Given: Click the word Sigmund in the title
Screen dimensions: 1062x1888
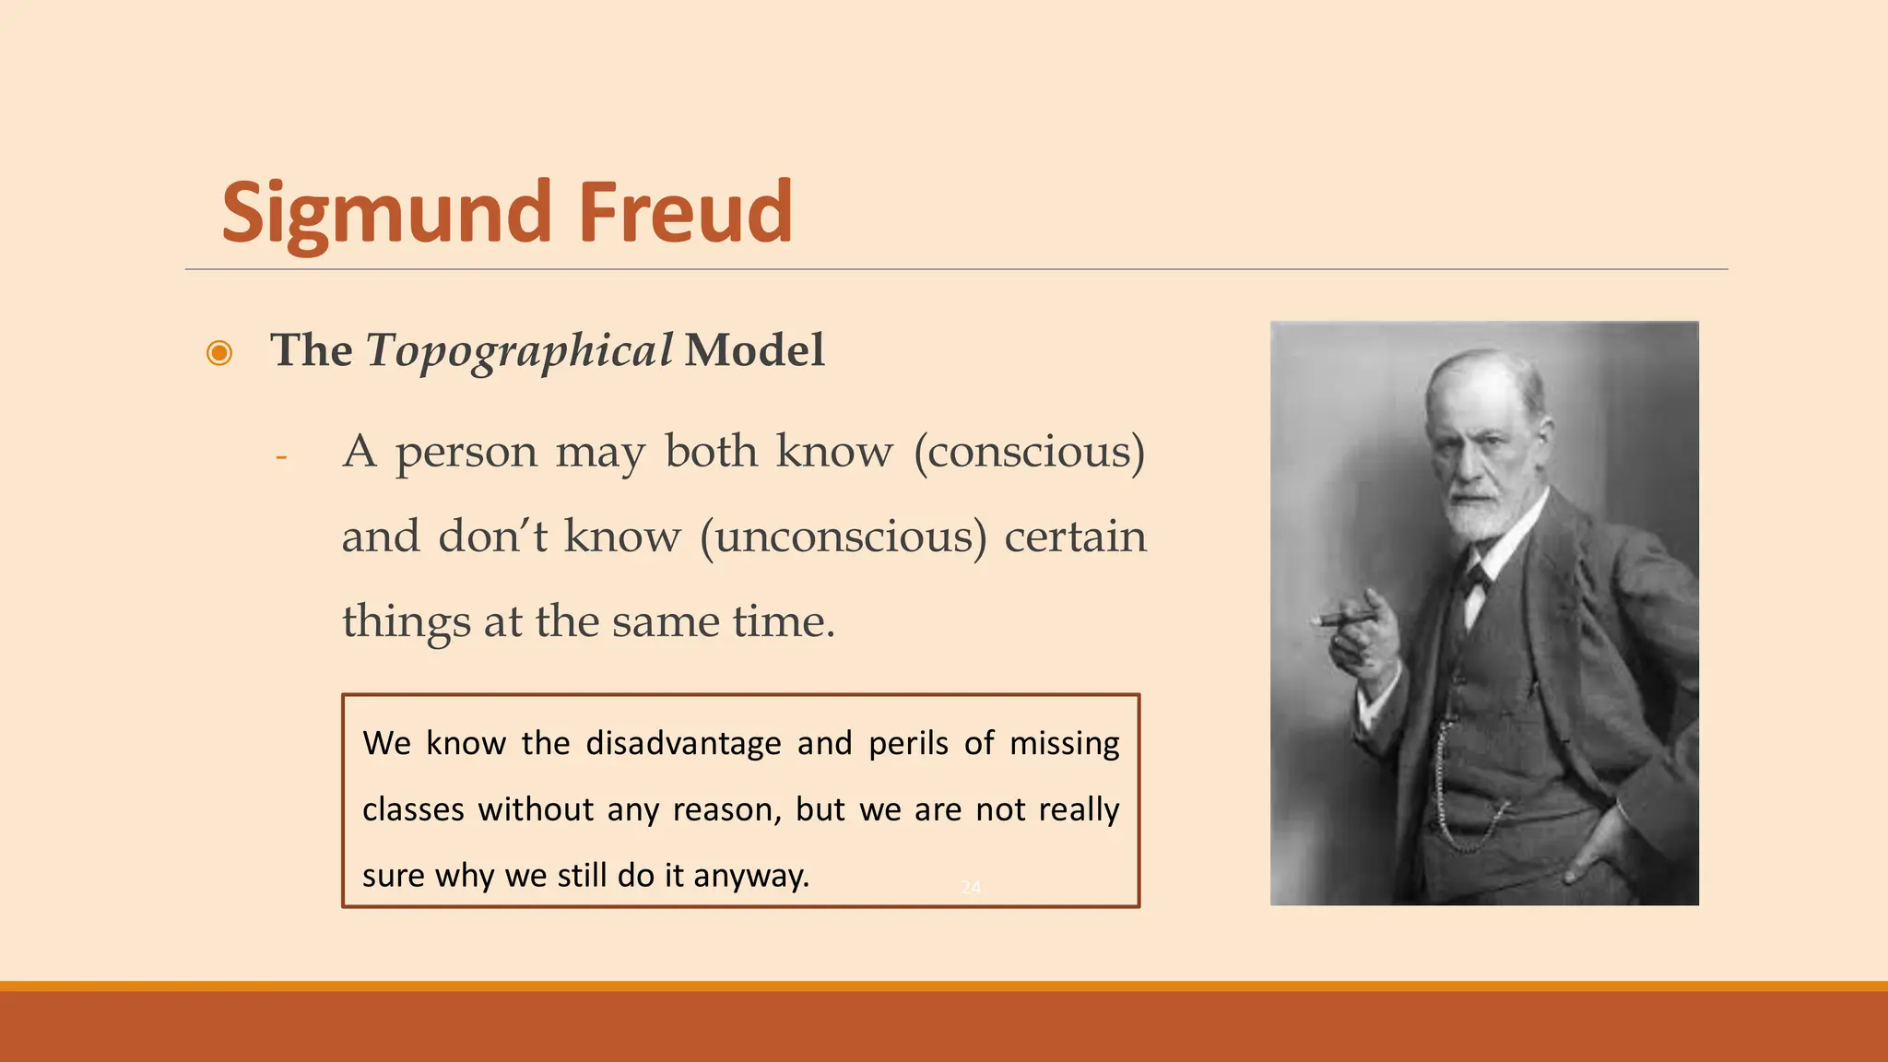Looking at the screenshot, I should pos(385,214).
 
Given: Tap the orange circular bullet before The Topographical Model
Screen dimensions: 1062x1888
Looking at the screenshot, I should pos(219,353).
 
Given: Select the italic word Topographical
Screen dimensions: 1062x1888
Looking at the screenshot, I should pos(519,351).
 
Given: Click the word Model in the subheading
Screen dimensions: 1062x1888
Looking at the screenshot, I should pos(754,350).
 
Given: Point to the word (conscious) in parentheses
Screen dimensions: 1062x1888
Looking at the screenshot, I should pos(1029,452).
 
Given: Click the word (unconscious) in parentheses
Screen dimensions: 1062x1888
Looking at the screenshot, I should pos(843,537).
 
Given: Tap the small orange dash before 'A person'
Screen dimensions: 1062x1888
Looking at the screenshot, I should pos(281,456).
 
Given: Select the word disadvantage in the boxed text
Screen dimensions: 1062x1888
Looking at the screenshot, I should pos(683,743).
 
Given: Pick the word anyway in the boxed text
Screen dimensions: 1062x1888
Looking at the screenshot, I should pos(750,876).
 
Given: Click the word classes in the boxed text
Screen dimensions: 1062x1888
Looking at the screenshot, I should pos(413,809).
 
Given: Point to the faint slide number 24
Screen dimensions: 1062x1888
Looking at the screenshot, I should pos(971,887).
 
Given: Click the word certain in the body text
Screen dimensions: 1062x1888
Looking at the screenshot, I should pos(1075,537).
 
